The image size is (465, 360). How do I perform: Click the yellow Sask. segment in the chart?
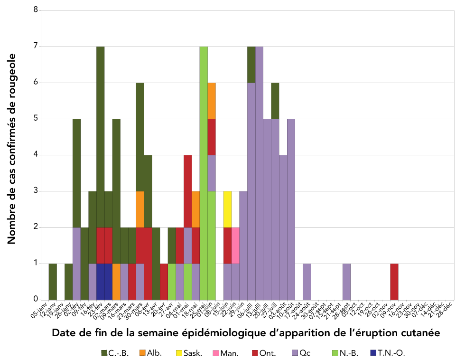coord(227,209)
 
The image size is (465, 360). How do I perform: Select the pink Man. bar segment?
coord(235,245)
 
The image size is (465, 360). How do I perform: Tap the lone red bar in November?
coord(394,281)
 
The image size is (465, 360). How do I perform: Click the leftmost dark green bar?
coord(53,281)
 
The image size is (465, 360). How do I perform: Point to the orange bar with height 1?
coord(116,281)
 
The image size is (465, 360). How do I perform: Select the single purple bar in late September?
coord(346,281)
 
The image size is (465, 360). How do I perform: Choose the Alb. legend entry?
coord(149,353)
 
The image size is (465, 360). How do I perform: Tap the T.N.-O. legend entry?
coord(389,353)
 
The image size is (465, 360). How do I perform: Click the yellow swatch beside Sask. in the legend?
coord(180,353)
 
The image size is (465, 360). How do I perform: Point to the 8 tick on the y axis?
coord(36,10)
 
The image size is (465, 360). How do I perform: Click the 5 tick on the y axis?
coord(36,119)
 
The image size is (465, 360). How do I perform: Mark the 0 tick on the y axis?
coord(36,300)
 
